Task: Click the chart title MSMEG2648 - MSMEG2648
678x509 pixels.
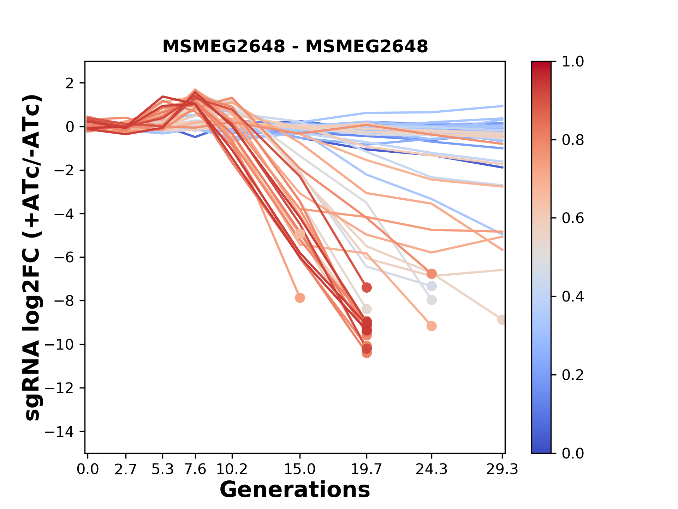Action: tap(295, 46)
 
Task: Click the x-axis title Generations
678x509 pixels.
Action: tap(295, 490)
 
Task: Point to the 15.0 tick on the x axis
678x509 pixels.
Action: tap(300, 469)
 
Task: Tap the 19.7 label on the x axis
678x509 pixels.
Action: tap(367, 469)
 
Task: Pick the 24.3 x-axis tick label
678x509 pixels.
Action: tap(431, 469)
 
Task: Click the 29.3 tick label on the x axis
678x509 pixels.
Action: tap(502, 469)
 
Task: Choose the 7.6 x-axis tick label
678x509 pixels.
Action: tap(195, 469)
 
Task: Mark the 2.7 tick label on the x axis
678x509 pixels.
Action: tap(126, 469)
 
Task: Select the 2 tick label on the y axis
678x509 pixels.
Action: tap(70, 83)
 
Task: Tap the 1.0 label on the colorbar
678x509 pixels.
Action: tap(573, 62)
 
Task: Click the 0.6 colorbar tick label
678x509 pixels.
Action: tap(573, 218)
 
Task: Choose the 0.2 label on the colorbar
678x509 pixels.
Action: tap(573, 375)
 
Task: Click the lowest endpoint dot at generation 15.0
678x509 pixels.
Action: tap(300, 298)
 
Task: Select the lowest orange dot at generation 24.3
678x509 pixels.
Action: tap(432, 326)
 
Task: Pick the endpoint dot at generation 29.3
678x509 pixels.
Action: tap(501, 320)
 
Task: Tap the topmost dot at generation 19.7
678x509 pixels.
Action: tap(367, 288)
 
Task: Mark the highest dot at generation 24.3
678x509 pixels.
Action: tap(432, 274)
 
